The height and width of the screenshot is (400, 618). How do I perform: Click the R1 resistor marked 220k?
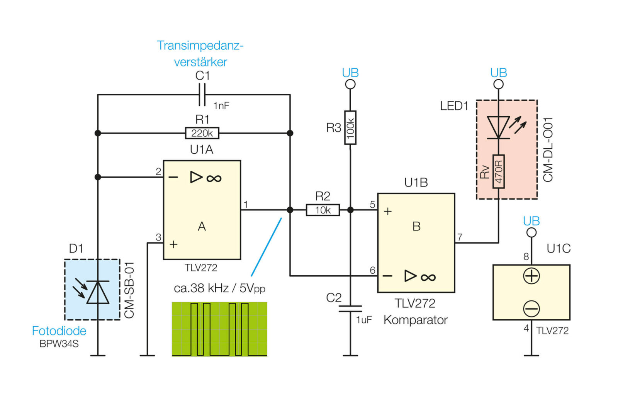(x=202, y=133)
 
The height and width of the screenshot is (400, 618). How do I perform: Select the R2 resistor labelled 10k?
(x=323, y=210)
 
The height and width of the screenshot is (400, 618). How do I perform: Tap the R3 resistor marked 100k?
(x=350, y=127)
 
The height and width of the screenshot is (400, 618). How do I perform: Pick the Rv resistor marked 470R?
(x=499, y=171)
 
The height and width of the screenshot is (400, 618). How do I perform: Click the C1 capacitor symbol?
(x=202, y=95)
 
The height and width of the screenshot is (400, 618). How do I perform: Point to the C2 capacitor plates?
(x=350, y=308)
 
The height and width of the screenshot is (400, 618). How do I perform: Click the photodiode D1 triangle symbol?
(x=98, y=292)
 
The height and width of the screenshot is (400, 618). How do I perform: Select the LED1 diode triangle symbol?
(x=499, y=127)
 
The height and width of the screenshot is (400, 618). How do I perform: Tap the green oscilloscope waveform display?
(x=220, y=329)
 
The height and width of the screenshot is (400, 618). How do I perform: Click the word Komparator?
(x=416, y=320)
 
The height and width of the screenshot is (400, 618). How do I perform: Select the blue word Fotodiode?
(x=59, y=331)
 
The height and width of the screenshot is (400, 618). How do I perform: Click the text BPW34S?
(x=59, y=344)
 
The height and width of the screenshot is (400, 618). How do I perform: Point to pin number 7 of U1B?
(x=460, y=237)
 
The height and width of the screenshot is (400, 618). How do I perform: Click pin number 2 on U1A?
(x=158, y=171)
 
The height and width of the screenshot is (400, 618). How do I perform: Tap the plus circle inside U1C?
(x=531, y=276)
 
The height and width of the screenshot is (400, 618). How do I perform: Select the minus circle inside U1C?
(x=531, y=308)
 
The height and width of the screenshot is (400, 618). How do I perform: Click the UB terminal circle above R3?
(x=350, y=84)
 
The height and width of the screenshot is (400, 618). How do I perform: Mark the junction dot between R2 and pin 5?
(x=350, y=210)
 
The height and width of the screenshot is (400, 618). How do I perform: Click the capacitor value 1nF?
(x=221, y=106)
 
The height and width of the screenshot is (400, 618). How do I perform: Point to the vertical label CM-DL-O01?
(x=548, y=149)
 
